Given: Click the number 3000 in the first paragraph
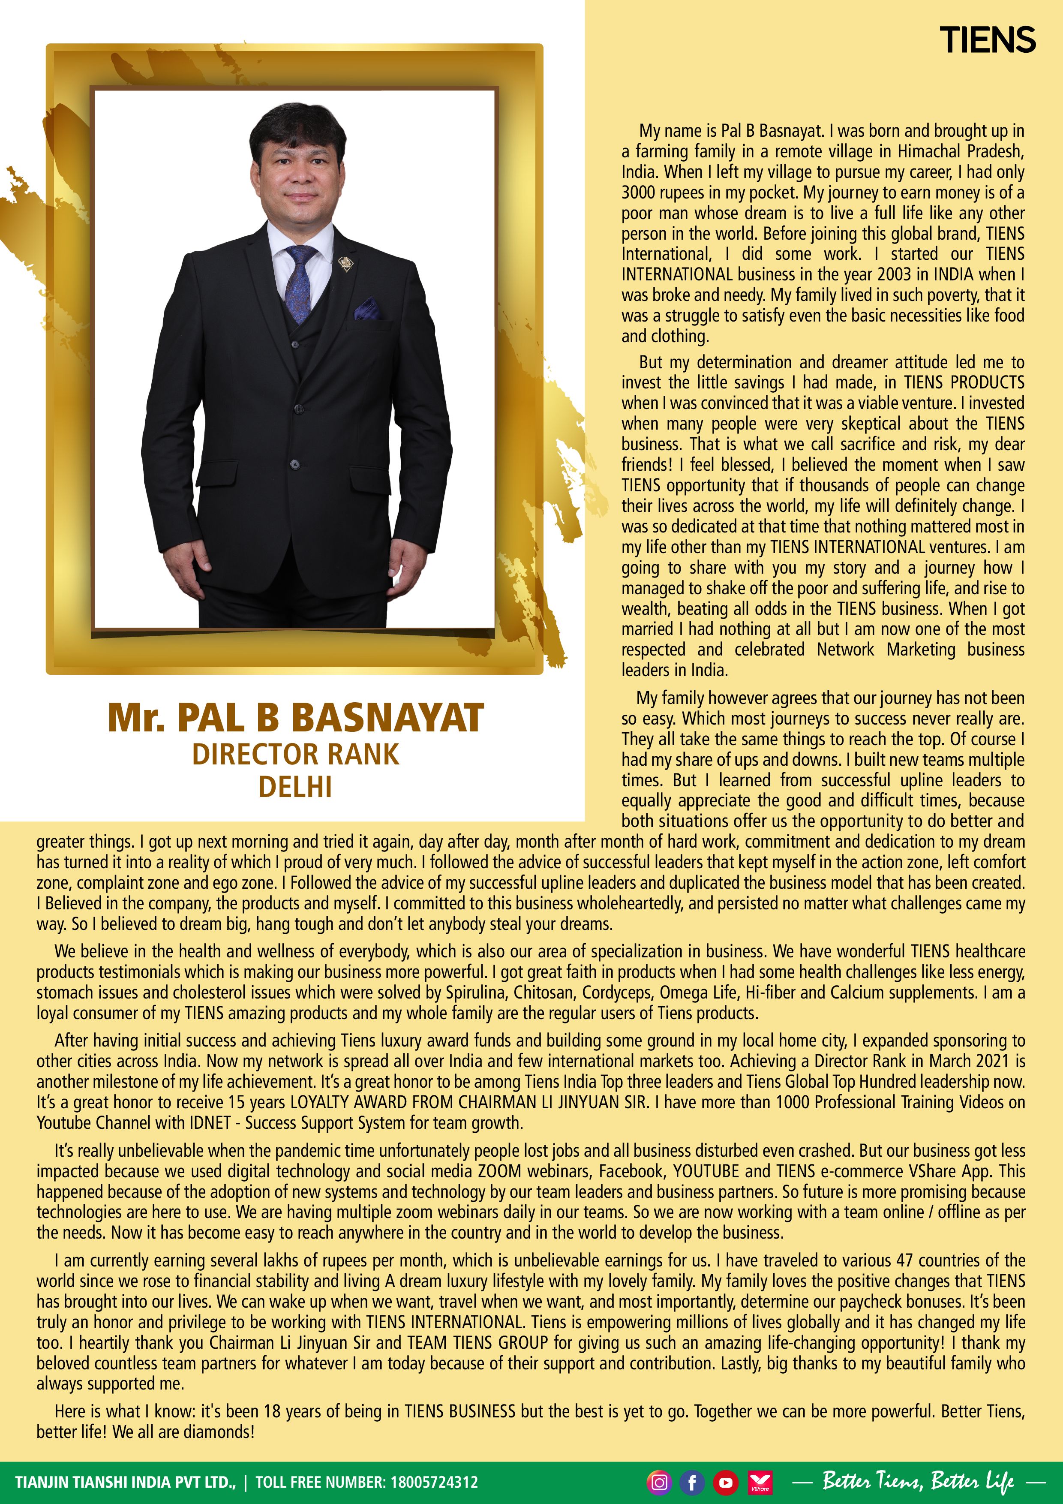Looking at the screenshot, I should tap(639, 193).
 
